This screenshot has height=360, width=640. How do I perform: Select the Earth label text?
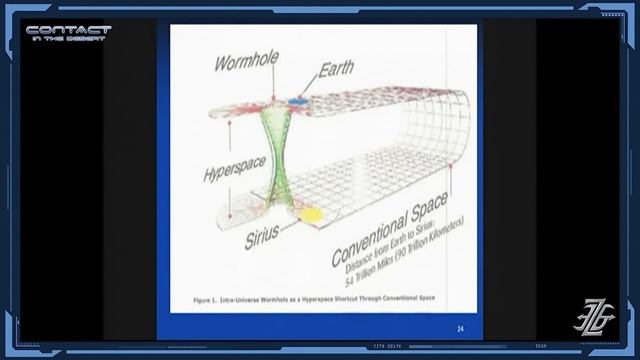[x=336, y=70]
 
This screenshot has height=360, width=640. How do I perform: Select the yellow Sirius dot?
[x=310, y=213]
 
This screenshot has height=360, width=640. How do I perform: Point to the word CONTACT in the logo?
[x=68, y=31]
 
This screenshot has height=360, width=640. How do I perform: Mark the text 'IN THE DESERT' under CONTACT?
[x=68, y=42]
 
